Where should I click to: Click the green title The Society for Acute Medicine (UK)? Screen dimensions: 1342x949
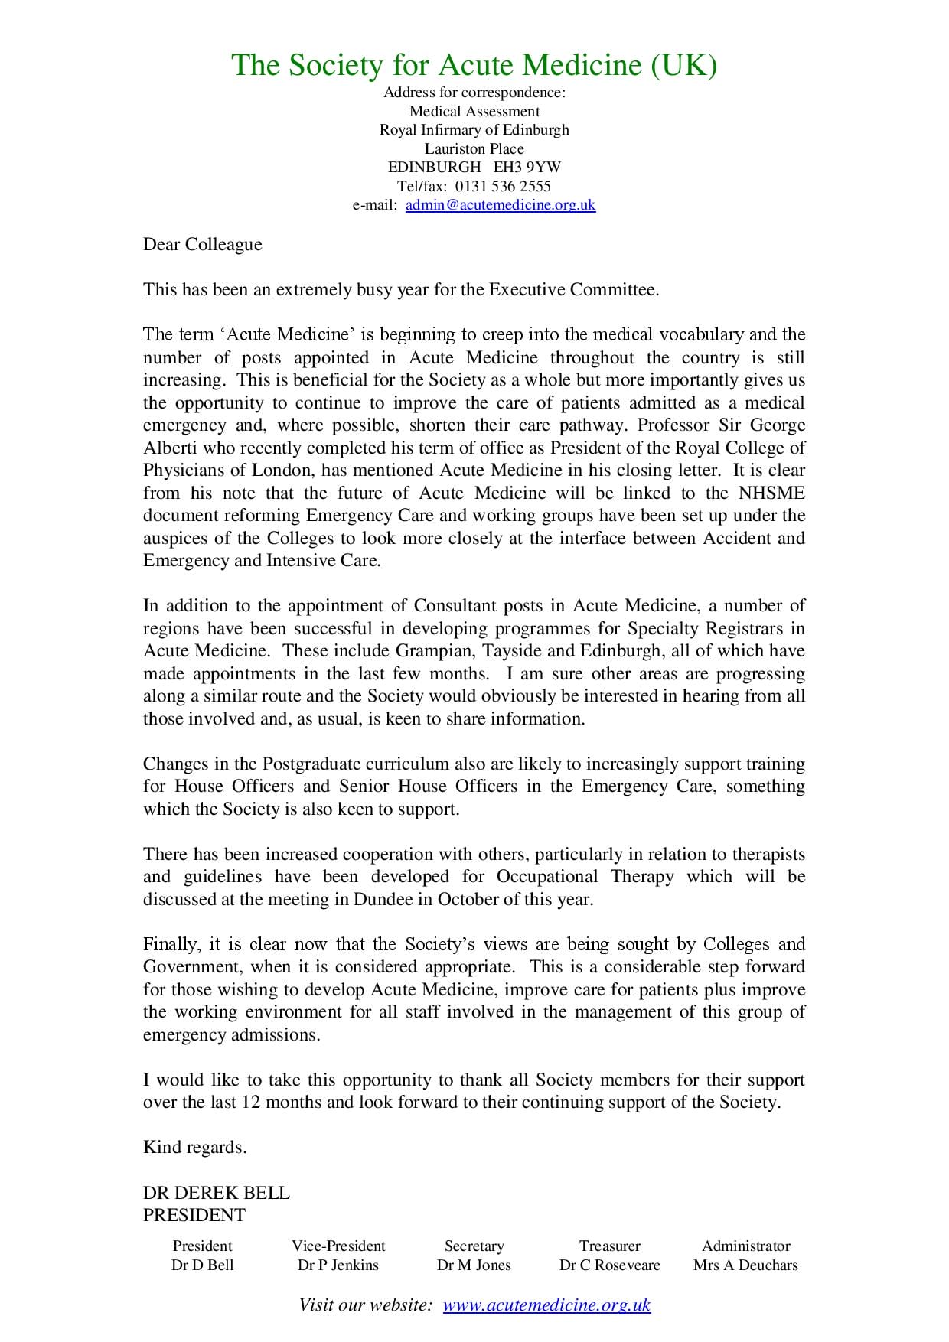pos(474,66)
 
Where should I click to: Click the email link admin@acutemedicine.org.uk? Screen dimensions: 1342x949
pos(500,205)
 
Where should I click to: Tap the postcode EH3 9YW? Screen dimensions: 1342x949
pos(527,167)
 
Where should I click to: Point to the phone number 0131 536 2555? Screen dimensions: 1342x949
pos(503,186)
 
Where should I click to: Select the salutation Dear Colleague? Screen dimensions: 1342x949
pos(202,245)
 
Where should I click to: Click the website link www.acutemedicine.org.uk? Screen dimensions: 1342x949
pos(546,1305)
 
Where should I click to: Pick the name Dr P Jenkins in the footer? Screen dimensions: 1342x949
pos(338,1265)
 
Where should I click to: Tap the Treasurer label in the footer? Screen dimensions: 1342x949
pos(609,1246)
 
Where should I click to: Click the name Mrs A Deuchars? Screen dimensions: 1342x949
pos(745,1265)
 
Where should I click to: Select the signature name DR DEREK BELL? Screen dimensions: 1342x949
pos(217,1193)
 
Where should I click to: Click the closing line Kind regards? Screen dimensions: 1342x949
pos(195,1147)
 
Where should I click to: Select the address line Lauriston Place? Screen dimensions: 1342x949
pos(475,148)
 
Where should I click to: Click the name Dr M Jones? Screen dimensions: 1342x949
pos(474,1265)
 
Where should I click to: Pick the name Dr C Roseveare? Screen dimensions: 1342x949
pos(609,1265)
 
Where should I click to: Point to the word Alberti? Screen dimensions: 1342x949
pos(169,448)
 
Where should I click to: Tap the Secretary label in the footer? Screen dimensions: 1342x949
pos(474,1246)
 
